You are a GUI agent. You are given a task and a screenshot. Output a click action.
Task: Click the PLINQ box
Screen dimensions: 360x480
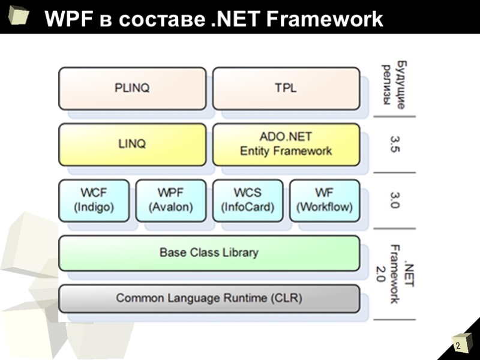coord(132,88)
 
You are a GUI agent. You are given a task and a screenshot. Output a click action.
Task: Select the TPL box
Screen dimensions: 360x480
coord(286,88)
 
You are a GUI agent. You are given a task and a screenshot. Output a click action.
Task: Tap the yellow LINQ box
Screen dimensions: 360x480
coord(132,144)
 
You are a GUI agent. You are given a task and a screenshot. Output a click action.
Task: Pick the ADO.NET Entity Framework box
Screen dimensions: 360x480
coord(286,144)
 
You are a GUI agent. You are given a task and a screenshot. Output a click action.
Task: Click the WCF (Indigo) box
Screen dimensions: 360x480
coord(94,200)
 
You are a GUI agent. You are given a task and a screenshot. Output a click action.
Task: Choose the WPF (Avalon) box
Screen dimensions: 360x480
coord(171,200)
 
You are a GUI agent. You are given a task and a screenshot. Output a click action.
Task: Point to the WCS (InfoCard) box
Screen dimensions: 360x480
coord(248,200)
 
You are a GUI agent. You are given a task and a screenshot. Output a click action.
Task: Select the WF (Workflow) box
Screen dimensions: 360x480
coord(325,200)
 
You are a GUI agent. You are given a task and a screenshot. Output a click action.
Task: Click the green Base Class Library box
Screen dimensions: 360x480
coord(209,253)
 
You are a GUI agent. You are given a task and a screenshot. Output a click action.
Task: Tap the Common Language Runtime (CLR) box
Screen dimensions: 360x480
coord(209,298)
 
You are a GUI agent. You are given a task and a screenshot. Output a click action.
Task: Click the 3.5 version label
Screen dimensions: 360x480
coord(394,144)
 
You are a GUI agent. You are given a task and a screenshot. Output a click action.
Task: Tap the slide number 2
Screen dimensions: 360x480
coord(457,347)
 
